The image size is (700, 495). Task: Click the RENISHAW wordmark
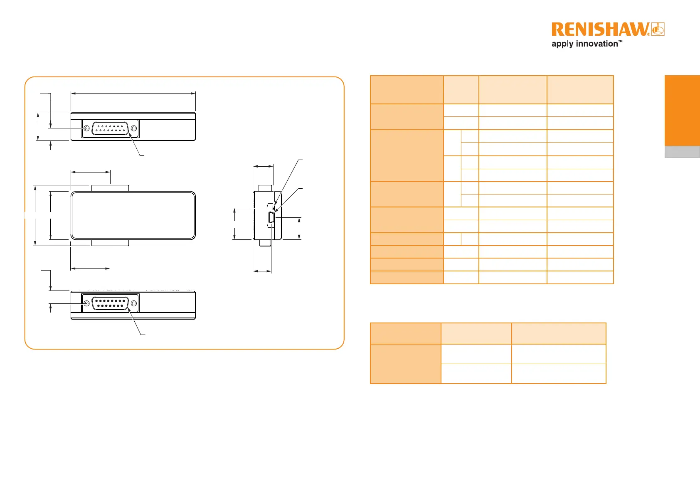pyautogui.click(x=600, y=30)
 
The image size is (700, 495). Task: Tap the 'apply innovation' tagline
pyautogui.click(x=587, y=44)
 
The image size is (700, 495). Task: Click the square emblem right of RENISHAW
pyautogui.click(x=658, y=30)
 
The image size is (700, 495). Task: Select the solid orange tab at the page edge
pyautogui.click(x=682, y=110)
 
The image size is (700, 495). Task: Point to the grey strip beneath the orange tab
pyautogui.click(x=682, y=152)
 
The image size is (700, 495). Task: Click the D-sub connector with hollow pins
pyautogui.click(x=110, y=128)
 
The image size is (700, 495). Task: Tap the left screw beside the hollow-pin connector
pyautogui.click(x=86, y=128)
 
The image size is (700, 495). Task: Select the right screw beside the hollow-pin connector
pyautogui.click(x=133, y=128)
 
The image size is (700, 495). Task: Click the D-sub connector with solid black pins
pyautogui.click(x=110, y=304)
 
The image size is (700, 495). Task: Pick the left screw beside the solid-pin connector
pyautogui.click(x=86, y=304)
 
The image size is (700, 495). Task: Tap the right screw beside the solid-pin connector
pyautogui.click(x=133, y=304)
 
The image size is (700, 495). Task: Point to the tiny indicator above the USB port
pyautogui.click(x=273, y=207)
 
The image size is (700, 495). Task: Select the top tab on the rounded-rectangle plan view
pyautogui.click(x=110, y=188)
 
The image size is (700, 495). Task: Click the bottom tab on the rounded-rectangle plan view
pyautogui.click(x=110, y=243)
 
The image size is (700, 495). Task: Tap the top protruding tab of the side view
pyautogui.click(x=265, y=188)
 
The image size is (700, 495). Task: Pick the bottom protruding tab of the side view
pyautogui.click(x=265, y=243)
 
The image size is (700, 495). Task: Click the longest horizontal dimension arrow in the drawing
pyautogui.click(x=133, y=94)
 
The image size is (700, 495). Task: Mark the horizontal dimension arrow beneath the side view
pyautogui.click(x=262, y=271)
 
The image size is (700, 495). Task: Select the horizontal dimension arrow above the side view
pyautogui.click(x=263, y=166)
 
